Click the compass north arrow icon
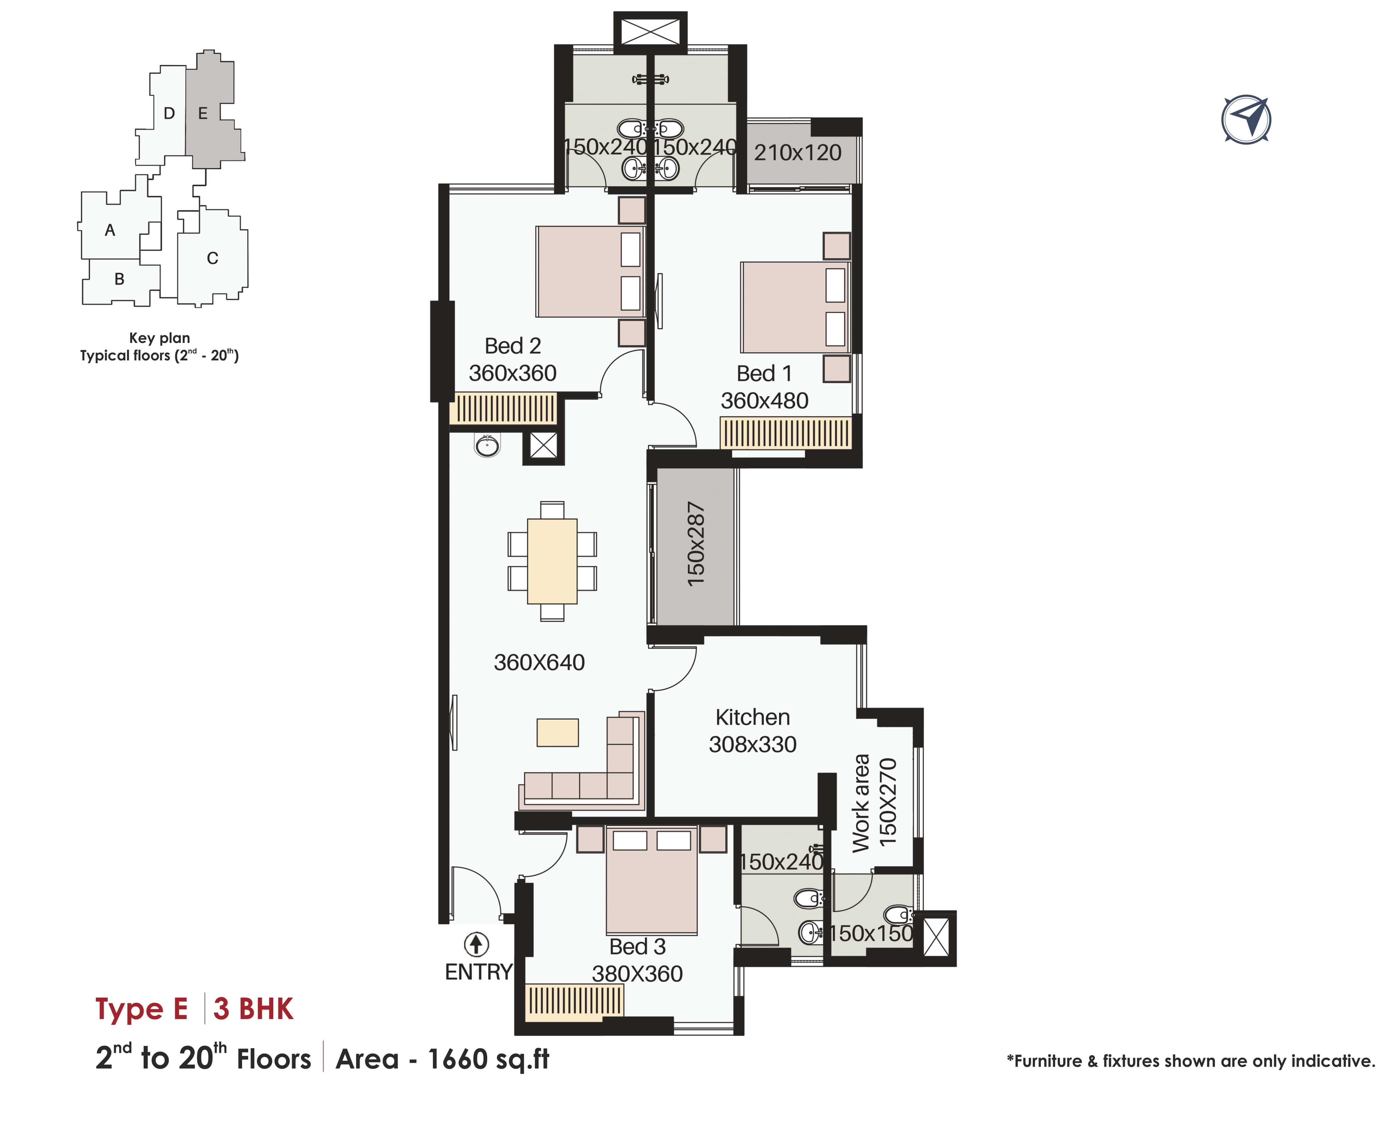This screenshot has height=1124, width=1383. (1246, 120)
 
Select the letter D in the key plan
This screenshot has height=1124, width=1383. (169, 114)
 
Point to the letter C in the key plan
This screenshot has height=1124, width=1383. (213, 258)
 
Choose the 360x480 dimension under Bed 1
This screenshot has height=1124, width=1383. (764, 401)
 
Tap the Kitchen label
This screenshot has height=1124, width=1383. (753, 717)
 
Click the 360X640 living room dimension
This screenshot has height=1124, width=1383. (539, 662)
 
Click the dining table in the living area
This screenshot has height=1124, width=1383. (552, 561)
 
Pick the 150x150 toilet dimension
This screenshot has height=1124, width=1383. (871, 933)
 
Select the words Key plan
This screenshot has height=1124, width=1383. (159, 338)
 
